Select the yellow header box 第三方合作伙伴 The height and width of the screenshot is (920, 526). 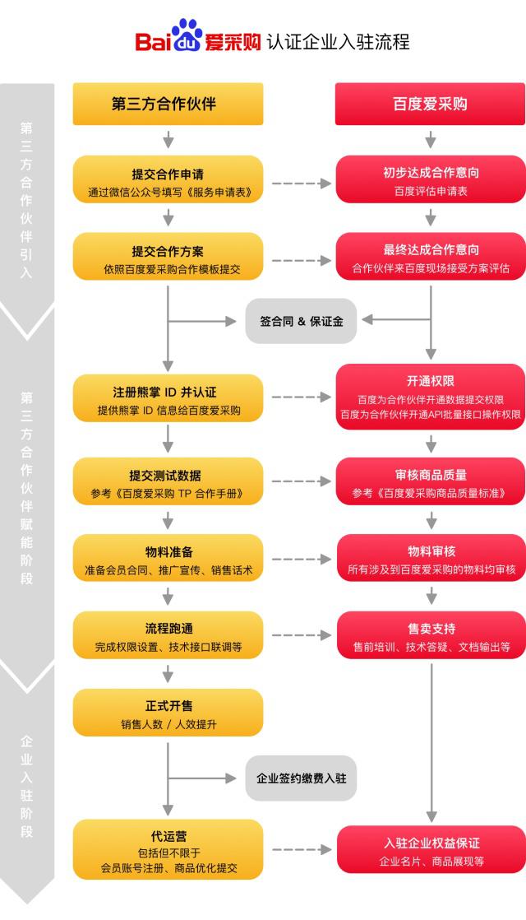(168, 105)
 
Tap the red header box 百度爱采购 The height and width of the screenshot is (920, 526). (430, 105)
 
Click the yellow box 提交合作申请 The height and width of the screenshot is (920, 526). (168, 183)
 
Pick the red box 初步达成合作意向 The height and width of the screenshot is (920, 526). (430, 183)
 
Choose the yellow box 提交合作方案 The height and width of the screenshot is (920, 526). (168, 258)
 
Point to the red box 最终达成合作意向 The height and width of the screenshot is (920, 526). (430, 258)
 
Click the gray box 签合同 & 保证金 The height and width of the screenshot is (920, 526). (301, 320)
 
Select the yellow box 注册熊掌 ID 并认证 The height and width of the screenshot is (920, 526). (168, 399)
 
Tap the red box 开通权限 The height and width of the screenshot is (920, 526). (430, 397)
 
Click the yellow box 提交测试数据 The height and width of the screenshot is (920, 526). (168, 484)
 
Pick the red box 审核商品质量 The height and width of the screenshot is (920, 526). (430, 484)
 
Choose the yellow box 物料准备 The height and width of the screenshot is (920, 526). (168, 560)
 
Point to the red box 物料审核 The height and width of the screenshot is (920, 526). (430, 560)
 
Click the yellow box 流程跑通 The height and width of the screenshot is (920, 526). (168, 636)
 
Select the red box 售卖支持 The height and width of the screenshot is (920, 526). (430, 636)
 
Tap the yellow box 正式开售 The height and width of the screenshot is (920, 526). (168, 713)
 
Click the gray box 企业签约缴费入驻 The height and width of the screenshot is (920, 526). (301, 778)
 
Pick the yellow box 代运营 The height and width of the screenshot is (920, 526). (168, 848)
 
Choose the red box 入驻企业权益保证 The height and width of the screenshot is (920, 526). (430, 850)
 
